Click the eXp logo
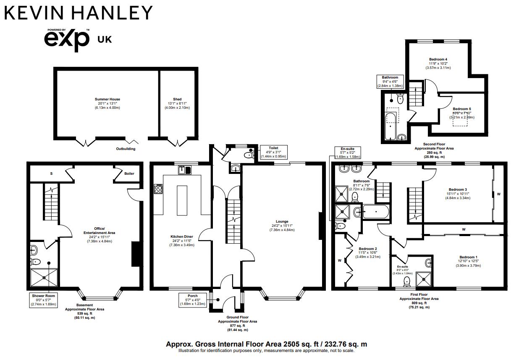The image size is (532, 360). coord(67,39)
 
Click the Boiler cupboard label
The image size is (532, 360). coord(129,173)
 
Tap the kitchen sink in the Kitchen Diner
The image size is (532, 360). coord(184,170)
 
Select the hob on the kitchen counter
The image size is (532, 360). coord(159,189)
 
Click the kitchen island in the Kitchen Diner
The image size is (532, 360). coord(182,199)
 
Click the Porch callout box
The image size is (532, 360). coord(193,300)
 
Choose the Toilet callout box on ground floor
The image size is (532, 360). coord(273,152)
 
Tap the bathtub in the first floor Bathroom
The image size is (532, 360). coord(375,211)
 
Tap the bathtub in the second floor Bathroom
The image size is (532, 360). coord(390,126)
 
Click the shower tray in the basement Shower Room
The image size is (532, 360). coord(44,277)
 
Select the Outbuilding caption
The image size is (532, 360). coord(126,149)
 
